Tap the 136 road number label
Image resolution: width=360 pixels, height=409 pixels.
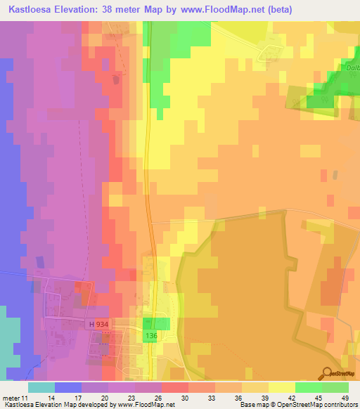[150, 337]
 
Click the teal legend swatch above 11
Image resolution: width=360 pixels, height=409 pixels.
[41, 387]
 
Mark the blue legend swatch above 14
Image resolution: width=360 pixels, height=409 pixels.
[68, 387]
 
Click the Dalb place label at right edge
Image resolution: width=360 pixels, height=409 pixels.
[352, 68]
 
